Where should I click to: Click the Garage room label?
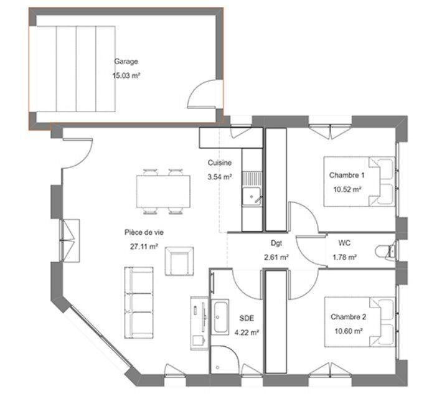click(126, 62)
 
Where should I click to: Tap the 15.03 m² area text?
click(126, 75)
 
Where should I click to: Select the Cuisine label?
click(220, 163)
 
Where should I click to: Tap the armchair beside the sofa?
click(179, 260)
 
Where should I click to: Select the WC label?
click(344, 243)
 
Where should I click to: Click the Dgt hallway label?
click(276, 243)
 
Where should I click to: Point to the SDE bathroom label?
click(247, 318)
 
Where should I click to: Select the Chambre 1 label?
click(346, 176)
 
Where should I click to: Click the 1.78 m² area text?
click(344, 257)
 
